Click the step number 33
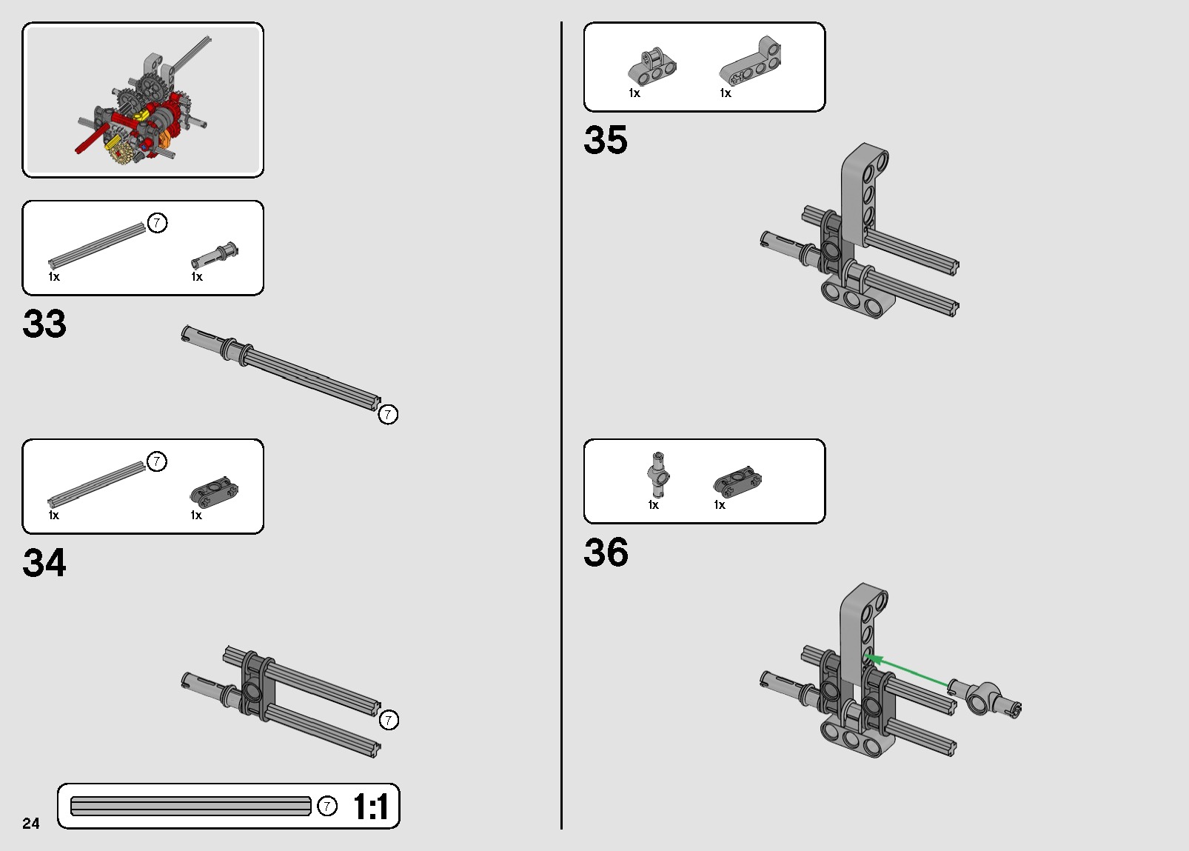(x=44, y=324)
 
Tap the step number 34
(x=44, y=562)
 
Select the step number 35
(x=606, y=140)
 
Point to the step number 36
(x=606, y=552)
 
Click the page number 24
(x=31, y=824)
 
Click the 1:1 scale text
(x=371, y=807)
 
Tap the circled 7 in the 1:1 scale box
(x=327, y=806)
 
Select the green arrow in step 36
(x=908, y=672)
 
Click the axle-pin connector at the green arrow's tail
(x=985, y=698)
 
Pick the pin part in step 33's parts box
(x=215, y=256)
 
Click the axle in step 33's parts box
(x=96, y=245)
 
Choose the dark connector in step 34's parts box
(x=214, y=492)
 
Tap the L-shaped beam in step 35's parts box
(x=751, y=61)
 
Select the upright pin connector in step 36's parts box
(x=658, y=475)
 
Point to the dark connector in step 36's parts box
(x=738, y=481)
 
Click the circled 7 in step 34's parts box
(x=157, y=461)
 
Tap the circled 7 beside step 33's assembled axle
(x=388, y=415)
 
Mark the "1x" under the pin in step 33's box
(x=197, y=276)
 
